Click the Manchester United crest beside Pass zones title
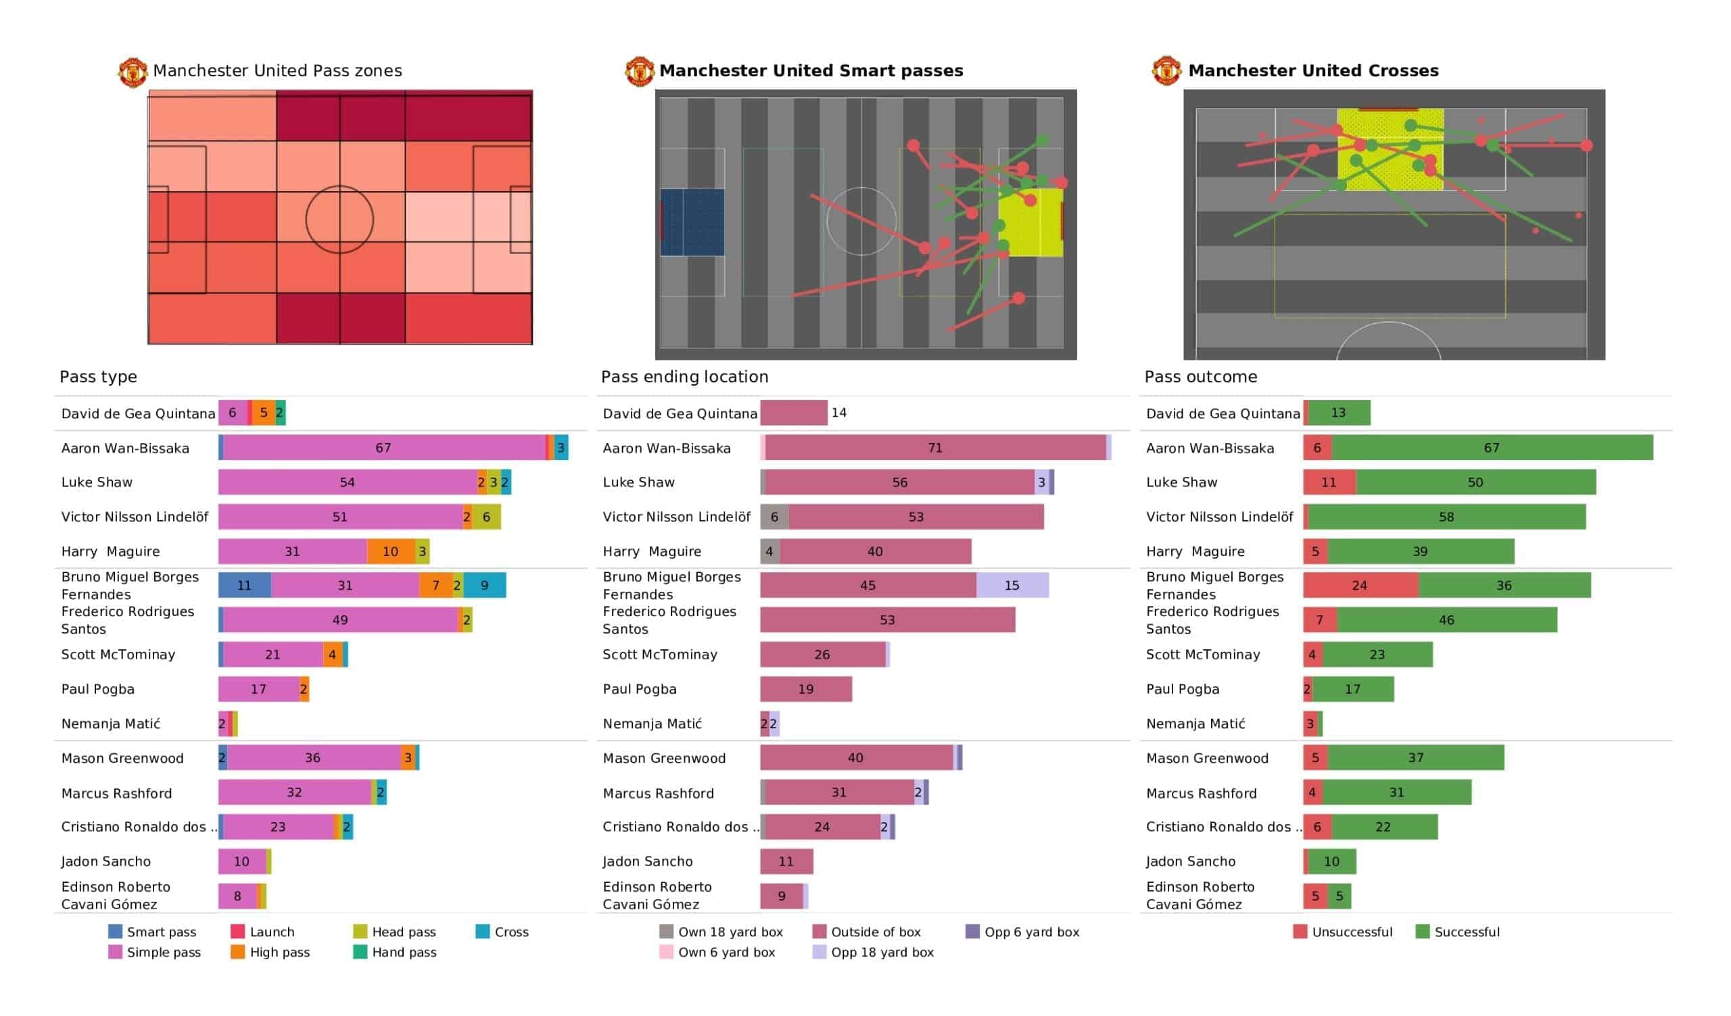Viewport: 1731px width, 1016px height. click(133, 72)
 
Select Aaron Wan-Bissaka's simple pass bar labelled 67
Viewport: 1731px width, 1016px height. click(383, 448)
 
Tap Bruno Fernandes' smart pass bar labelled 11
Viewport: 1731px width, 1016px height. click(245, 586)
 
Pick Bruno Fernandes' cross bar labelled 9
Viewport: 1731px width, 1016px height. click(485, 586)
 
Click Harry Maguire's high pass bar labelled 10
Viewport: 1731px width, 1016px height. click(390, 551)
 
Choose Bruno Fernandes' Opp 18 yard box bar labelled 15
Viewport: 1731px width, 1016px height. click(1012, 586)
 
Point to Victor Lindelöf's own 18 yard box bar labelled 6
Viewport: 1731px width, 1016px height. click(774, 517)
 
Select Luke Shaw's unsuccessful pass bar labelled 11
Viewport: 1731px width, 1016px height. click(1329, 482)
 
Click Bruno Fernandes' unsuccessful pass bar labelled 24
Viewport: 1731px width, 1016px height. click(1360, 586)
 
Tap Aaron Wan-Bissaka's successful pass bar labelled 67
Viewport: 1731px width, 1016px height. click(1492, 448)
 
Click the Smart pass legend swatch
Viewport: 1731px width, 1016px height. click(116, 932)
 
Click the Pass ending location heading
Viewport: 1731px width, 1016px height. click(684, 377)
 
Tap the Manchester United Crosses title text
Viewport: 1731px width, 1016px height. click(1312, 71)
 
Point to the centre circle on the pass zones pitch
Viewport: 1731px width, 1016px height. click(339, 220)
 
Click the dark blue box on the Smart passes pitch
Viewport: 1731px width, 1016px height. click(692, 222)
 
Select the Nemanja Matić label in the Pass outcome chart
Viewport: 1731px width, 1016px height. click(1195, 723)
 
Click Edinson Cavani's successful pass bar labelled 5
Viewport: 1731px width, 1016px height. click(1339, 896)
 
